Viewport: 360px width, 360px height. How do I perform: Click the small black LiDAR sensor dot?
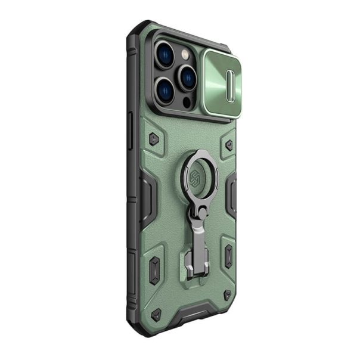click(x=186, y=101)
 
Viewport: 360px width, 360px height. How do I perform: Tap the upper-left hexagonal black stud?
click(x=154, y=139)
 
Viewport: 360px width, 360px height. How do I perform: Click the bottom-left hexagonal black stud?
click(x=156, y=314)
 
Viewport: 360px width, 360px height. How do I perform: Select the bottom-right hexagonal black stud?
click(x=227, y=295)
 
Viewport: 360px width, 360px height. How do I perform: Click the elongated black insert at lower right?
click(x=229, y=255)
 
